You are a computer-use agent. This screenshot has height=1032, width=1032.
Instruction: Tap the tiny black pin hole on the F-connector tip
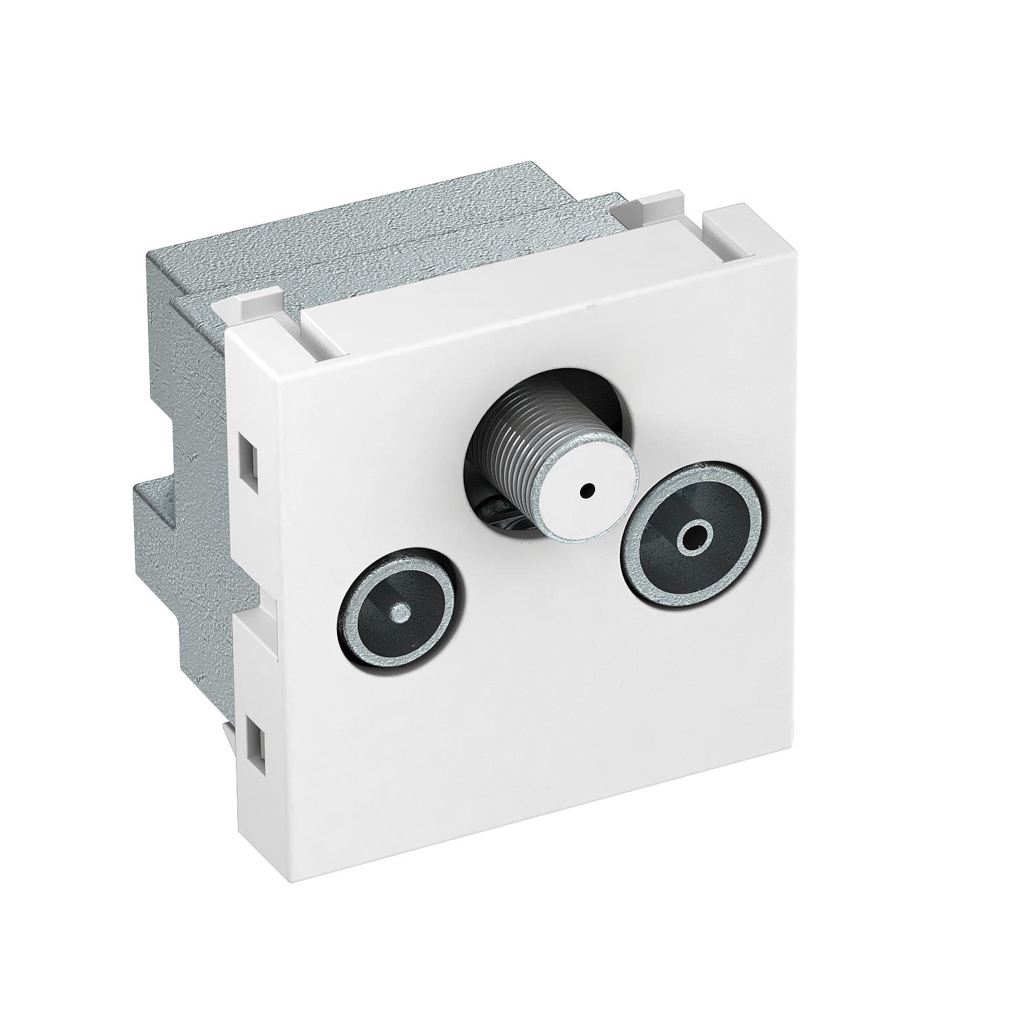coord(586,491)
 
